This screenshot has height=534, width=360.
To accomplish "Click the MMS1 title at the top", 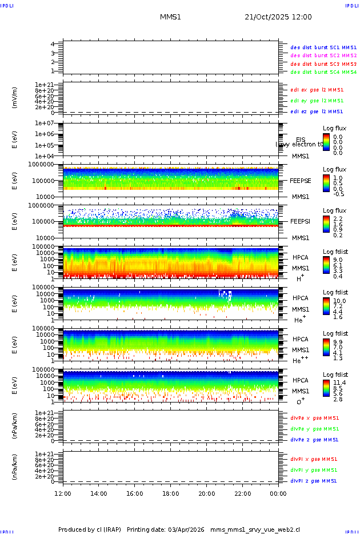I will [x=170, y=17].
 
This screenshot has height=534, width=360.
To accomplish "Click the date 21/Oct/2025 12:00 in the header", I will [x=278, y=17].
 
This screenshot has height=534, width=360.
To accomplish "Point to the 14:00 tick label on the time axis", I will [x=99, y=493].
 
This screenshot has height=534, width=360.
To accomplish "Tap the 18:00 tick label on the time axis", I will [x=170, y=493].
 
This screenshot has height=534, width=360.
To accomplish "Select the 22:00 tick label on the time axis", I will [x=242, y=493].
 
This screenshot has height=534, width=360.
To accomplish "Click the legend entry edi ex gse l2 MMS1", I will [x=317, y=90].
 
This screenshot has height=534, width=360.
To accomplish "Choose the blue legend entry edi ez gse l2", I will [x=317, y=111].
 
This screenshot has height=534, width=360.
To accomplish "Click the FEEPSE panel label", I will [x=301, y=180].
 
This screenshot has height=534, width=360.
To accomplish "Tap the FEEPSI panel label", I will [x=301, y=221].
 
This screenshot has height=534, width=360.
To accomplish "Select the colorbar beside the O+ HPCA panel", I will [x=326, y=388].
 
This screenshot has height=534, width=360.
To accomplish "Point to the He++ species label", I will [x=299, y=361].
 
